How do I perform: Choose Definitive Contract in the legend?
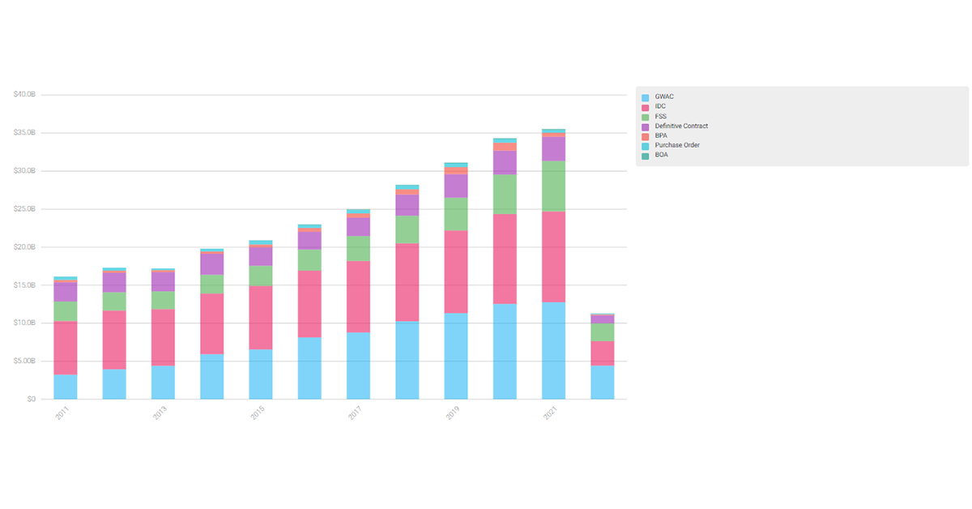[680, 126]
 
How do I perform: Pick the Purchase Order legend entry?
[676, 146]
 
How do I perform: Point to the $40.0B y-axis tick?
[24, 95]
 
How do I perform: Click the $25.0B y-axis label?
[24, 209]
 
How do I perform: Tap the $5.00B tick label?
[24, 361]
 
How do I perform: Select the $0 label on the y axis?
[30, 400]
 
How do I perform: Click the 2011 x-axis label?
[62, 413]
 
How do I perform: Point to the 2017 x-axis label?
[355, 413]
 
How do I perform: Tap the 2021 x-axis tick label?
[550, 413]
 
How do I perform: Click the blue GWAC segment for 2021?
[553, 350]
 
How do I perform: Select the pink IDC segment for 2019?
[456, 272]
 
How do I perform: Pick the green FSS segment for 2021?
[553, 186]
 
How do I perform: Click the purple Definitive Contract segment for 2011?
[66, 292]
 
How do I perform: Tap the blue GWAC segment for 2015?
[261, 374]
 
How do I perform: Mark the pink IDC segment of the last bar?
[602, 353]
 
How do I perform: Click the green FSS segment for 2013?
[163, 300]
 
